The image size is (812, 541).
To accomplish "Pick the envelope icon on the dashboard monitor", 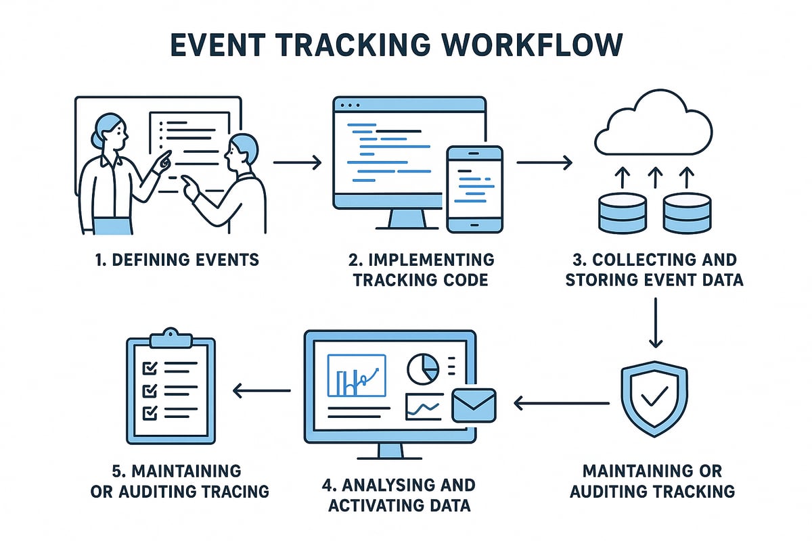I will [474, 404].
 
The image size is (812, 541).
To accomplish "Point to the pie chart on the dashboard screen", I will [423, 369].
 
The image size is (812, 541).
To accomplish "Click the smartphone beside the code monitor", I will [474, 189].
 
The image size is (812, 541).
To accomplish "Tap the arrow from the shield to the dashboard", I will [562, 404].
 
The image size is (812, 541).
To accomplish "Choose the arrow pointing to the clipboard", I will [262, 390].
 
